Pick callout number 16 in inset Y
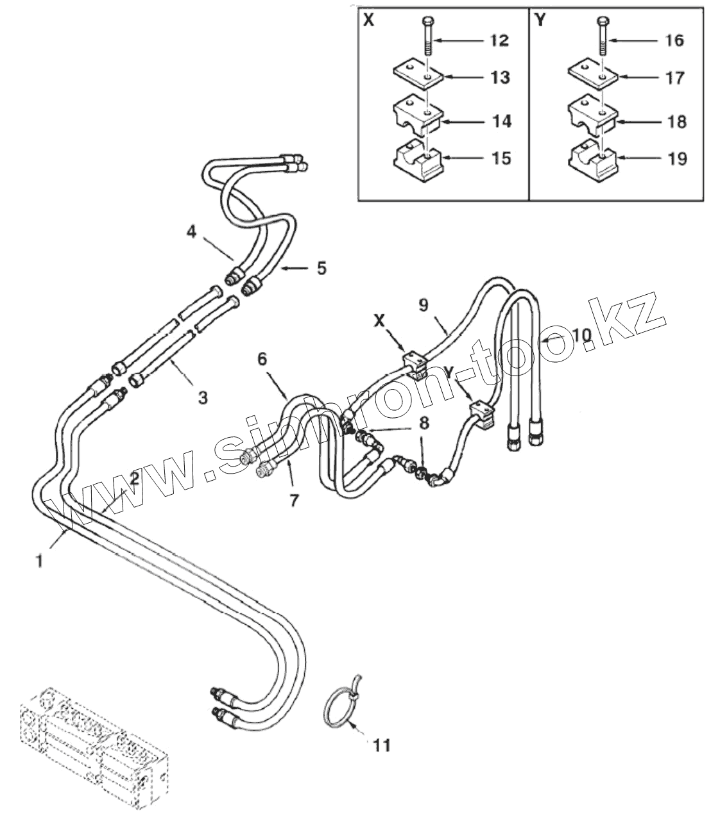tap(674, 40)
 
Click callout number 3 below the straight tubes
tap(202, 398)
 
